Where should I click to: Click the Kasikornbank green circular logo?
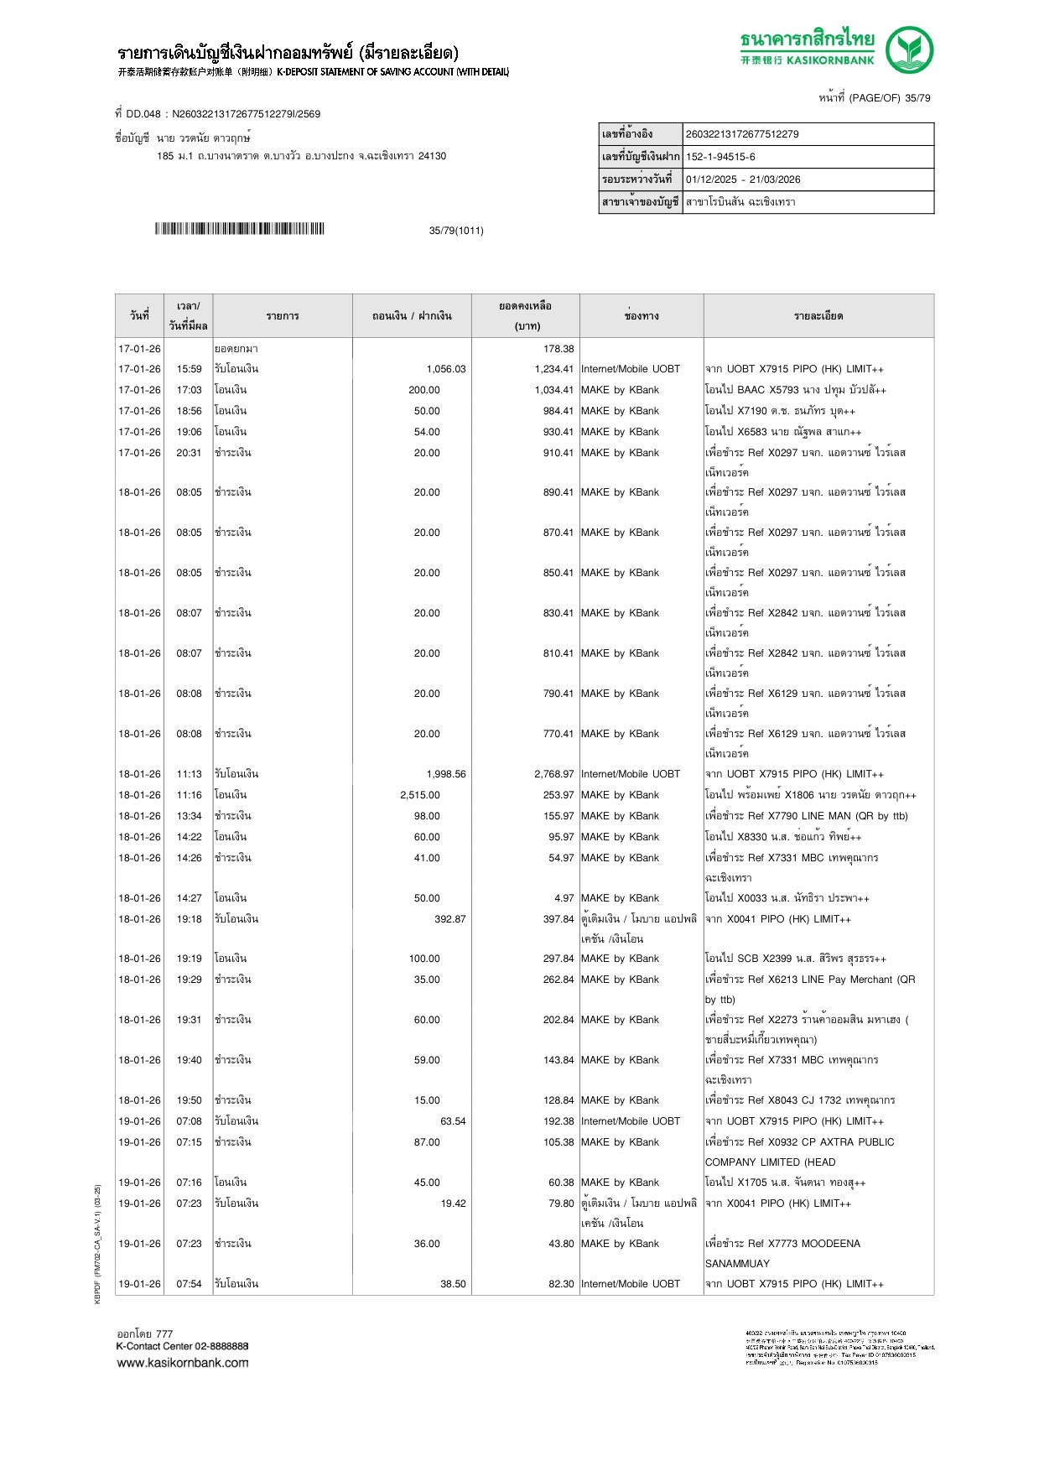[x=909, y=49]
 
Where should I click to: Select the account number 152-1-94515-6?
[x=720, y=157]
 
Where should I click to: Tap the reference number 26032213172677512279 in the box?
[x=742, y=134]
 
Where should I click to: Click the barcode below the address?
[x=239, y=229]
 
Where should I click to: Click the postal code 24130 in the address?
[x=432, y=156]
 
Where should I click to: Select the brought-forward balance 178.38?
[x=558, y=349]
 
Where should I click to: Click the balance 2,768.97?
[x=553, y=774]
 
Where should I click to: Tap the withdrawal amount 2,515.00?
[x=419, y=795]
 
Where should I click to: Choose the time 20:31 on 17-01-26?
[x=189, y=453]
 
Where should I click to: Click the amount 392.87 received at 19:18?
[x=449, y=919]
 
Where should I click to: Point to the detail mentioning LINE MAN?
[x=806, y=816]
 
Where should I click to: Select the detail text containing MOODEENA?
[x=782, y=1244]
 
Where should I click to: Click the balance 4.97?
[x=564, y=898]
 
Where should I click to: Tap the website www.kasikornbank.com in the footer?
[x=182, y=1363]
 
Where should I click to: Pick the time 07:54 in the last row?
[x=189, y=1284]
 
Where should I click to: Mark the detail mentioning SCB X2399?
[x=795, y=959]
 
